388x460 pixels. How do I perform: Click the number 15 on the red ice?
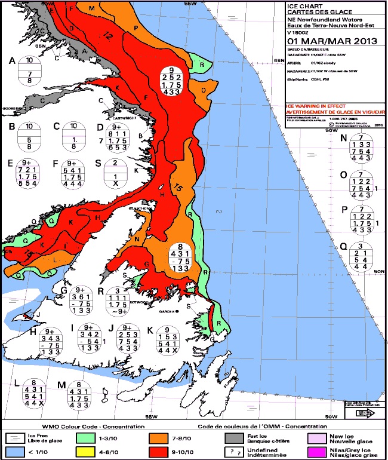pos(177,188)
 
